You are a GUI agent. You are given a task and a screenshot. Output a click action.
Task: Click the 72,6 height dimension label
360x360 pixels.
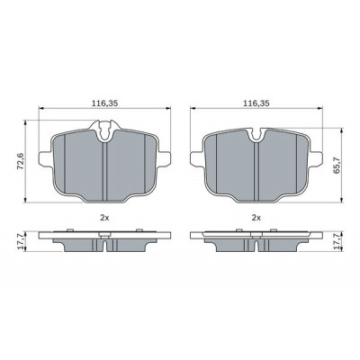[21, 161]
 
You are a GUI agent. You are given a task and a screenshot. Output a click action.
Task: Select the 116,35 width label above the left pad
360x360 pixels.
[104, 103]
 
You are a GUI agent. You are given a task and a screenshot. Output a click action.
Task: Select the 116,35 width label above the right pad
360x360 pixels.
[256, 103]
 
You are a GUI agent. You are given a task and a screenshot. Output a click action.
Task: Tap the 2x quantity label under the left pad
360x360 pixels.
[104, 218]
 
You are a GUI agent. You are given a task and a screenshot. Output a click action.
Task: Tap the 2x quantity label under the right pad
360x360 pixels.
[256, 218]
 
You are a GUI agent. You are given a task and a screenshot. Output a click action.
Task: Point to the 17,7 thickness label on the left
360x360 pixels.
[21, 241]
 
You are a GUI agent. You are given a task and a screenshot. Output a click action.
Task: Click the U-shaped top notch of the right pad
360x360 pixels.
[256, 134]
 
